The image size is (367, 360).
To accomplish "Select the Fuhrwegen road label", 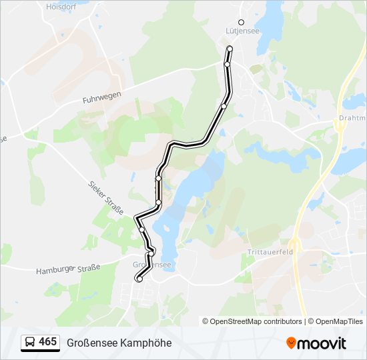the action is tap(101, 97).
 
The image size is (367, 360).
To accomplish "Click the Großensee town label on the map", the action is tap(152, 265).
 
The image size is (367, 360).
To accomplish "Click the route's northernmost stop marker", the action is tap(230, 49).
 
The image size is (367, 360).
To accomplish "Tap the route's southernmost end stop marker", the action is tap(139, 279).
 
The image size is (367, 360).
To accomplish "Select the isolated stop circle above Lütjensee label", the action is tap(242, 22).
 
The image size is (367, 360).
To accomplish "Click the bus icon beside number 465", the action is tap(30, 342).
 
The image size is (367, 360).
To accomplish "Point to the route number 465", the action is tap(47, 342).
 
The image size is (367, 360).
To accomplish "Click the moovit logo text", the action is tap(322, 343).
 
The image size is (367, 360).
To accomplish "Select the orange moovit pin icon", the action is tap(291, 343).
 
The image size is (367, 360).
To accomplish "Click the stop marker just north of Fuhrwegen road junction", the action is tap(228, 64).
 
